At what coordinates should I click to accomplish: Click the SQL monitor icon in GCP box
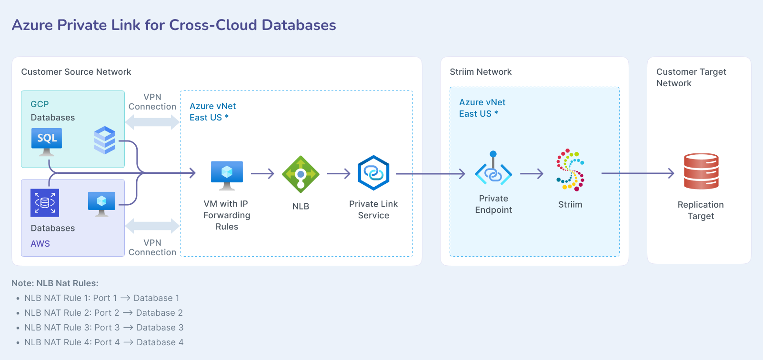pyautogui.click(x=47, y=141)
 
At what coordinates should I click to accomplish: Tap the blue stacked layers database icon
pyautogui.click(x=105, y=140)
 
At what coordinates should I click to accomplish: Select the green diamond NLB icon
pyautogui.click(x=301, y=174)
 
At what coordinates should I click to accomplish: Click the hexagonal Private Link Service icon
pyautogui.click(x=373, y=173)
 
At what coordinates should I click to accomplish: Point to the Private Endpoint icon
pyautogui.click(x=493, y=170)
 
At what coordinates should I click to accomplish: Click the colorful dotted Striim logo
pyautogui.click(x=570, y=170)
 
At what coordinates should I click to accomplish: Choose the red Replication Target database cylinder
pyautogui.click(x=701, y=171)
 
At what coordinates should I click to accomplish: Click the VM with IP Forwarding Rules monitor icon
pyautogui.click(x=227, y=174)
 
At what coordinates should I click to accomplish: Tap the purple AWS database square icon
pyautogui.click(x=45, y=203)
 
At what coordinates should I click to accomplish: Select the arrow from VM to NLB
pyautogui.click(x=262, y=174)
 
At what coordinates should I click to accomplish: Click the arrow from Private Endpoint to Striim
pyautogui.click(x=532, y=174)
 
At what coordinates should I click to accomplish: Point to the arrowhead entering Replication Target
pyautogui.click(x=671, y=174)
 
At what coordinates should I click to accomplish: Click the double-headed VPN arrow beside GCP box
pyautogui.click(x=152, y=122)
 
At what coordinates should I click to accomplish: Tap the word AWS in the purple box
pyautogui.click(x=40, y=244)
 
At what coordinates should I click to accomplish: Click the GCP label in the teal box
pyautogui.click(x=40, y=104)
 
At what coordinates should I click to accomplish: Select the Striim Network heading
pyautogui.click(x=481, y=72)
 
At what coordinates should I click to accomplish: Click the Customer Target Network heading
pyautogui.click(x=691, y=77)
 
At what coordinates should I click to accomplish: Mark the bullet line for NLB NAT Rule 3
pyautogui.click(x=104, y=328)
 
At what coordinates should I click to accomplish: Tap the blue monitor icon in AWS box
pyautogui.click(x=101, y=203)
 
